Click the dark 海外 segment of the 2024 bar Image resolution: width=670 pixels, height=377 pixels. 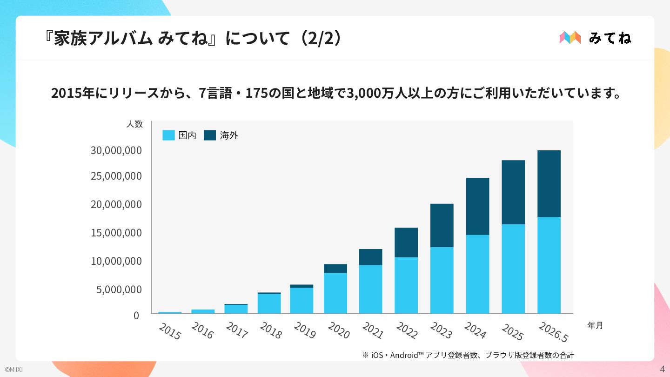pos(477,207)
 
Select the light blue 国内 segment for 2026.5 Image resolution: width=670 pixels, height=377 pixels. pos(549,265)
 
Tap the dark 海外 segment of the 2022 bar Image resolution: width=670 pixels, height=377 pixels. pos(406,242)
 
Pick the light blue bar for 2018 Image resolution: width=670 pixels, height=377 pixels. pos(269,303)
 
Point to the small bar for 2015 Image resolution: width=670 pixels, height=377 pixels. pos(169,313)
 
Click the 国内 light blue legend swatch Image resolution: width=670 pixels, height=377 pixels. pos(168,135)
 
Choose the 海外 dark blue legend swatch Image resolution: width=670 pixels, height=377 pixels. pos(210,135)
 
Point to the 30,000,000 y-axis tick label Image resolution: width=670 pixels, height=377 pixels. pos(116,150)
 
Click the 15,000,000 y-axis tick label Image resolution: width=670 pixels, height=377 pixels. pos(116,233)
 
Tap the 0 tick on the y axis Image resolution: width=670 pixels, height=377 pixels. pos(136,316)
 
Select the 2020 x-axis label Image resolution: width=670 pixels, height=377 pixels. pos(339,330)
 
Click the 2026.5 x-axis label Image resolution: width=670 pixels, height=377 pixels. pos(553,332)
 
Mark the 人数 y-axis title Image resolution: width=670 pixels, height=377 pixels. pos(134,124)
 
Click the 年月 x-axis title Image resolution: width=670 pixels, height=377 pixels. pos(595,325)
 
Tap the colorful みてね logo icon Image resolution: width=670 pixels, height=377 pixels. pos(570,38)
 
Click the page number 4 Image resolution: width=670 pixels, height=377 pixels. pos(662,369)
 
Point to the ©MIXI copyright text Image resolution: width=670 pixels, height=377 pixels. pos(14,370)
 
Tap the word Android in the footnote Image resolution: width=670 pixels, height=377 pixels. pos(404,355)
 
